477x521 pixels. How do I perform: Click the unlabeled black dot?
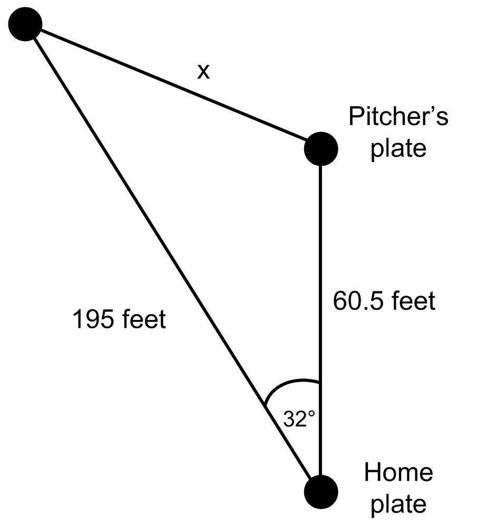25,24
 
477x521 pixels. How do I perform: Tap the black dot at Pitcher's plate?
320,148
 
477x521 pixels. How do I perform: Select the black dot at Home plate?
320,491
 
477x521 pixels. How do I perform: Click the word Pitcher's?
398,116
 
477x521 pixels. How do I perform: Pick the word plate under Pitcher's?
398,148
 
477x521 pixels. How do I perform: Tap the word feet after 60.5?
413,301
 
